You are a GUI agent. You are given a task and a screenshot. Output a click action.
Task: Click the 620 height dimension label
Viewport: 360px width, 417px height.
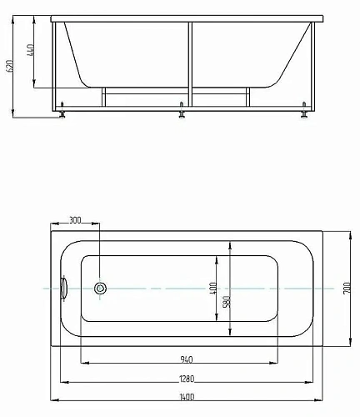(x=11, y=67)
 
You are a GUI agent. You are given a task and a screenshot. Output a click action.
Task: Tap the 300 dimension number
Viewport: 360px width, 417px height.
(x=75, y=220)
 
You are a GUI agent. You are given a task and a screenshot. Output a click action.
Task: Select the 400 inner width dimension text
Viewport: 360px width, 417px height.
(x=214, y=289)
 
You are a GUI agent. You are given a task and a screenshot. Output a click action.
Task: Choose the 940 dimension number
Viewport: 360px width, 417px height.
(x=187, y=359)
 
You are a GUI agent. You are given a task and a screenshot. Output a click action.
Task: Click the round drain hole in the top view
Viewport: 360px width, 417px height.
(x=101, y=289)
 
